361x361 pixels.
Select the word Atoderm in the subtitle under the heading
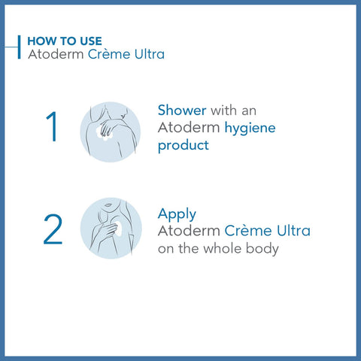tap(51, 55)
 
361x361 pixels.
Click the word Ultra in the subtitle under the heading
tap(148, 55)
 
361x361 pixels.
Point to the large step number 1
tap(51, 127)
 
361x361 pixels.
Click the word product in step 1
tap(183, 145)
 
